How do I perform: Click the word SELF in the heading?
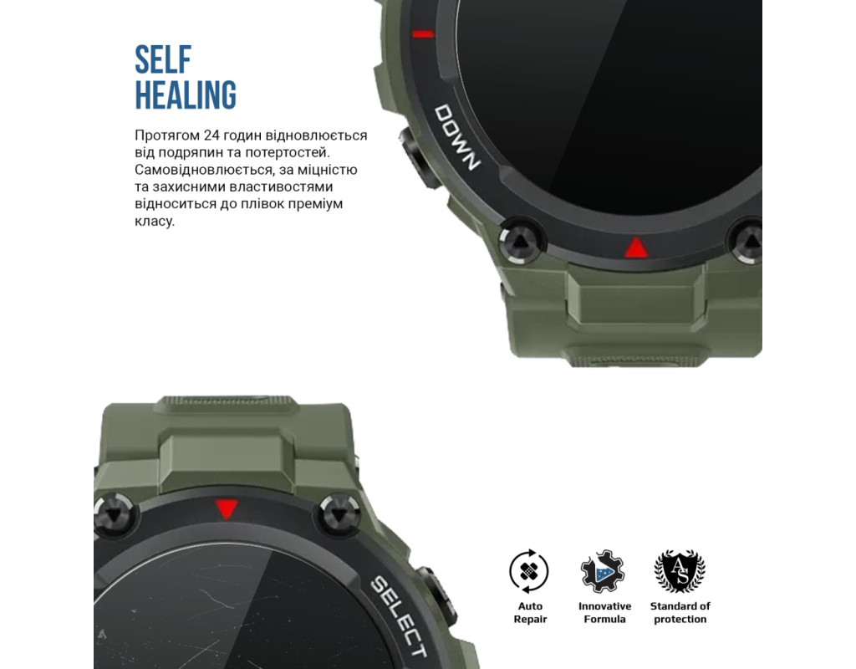click(163, 59)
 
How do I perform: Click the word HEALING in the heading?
click(186, 95)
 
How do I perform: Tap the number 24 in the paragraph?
click(211, 135)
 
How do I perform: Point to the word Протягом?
click(167, 135)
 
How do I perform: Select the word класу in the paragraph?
click(154, 221)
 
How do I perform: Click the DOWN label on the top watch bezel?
click(457, 137)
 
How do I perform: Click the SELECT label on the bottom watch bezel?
click(398, 616)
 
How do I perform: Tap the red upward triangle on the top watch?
click(636, 248)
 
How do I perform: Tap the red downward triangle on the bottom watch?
click(227, 509)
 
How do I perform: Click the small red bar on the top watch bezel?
click(422, 34)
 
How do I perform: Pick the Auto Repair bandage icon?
click(529, 571)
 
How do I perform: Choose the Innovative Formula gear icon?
click(603, 571)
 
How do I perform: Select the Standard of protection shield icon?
click(680, 571)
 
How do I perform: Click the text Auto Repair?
click(530, 613)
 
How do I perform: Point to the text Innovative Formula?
click(605, 613)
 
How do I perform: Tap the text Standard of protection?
click(680, 613)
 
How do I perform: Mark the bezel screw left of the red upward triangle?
click(522, 241)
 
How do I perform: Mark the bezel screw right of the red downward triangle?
click(339, 514)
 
